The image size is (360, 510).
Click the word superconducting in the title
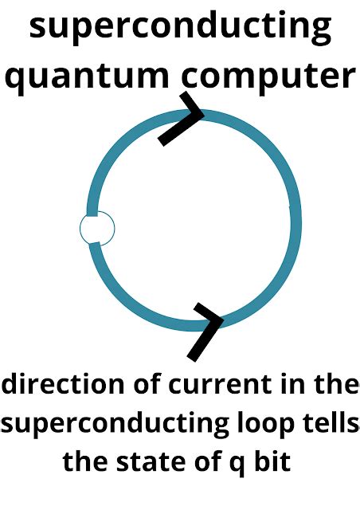click(180, 29)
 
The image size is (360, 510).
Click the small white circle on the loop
click(97, 229)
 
